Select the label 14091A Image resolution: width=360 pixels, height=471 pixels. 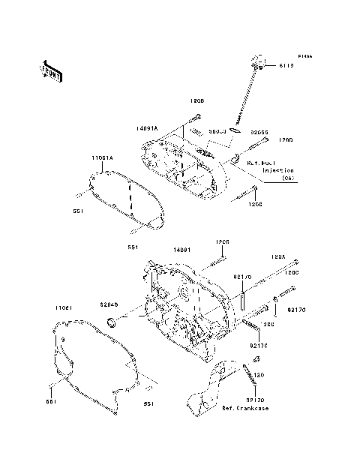(147, 128)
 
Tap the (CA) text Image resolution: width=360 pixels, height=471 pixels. (288, 178)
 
